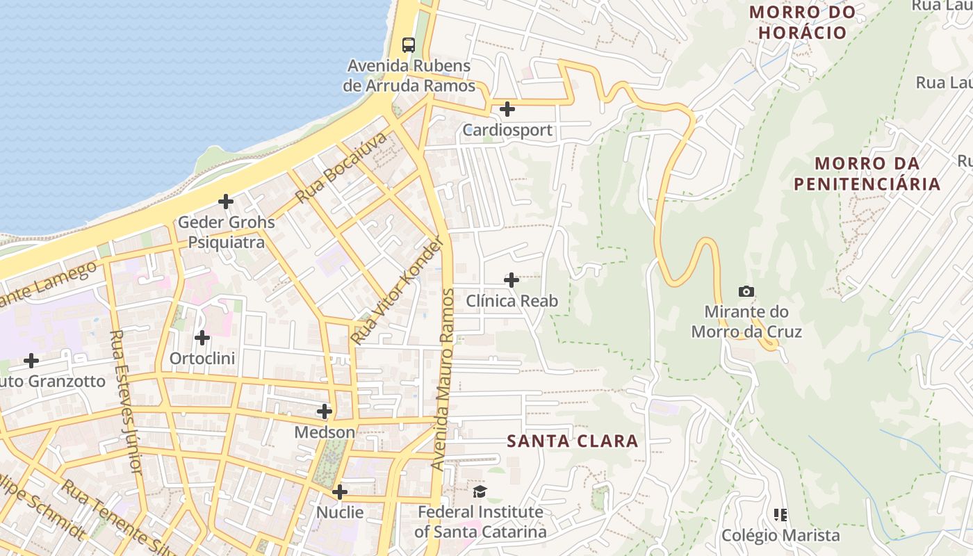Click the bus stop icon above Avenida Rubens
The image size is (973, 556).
pyautogui.click(x=409, y=45)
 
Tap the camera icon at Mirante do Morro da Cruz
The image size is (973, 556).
pyautogui.click(x=746, y=291)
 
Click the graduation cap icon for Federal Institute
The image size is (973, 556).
pyautogui.click(x=480, y=492)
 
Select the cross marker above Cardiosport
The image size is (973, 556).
pyautogui.click(x=507, y=109)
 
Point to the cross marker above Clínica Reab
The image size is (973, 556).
pyautogui.click(x=512, y=280)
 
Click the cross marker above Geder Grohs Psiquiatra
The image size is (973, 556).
pyautogui.click(x=226, y=202)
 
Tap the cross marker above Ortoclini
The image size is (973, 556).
pyautogui.click(x=202, y=338)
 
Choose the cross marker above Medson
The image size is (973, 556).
pyautogui.click(x=325, y=411)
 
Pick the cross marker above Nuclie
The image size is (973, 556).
pyautogui.click(x=340, y=492)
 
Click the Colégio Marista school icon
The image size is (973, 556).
pyautogui.click(x=780, y=515)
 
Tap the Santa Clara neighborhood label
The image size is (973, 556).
pyautogui.click(x=572, y=441)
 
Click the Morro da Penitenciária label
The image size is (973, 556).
pyautogui.click(x=867, y=174)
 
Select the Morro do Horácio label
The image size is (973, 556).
pyautogui.click(x=802, y=22)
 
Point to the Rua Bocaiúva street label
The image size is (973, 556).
pyautogui.click(x=341, y=167)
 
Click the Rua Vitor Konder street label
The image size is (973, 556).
pyautogui.click(x=398, y=291)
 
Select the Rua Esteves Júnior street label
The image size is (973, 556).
pyautogui.click(x=126, y=402)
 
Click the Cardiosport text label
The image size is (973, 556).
pyautogui.click(x=507, y=130)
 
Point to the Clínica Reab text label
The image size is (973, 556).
pyautogui.click(x=512, y=301)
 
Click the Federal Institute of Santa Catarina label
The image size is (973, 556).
pyautogui.click(x=480, y=522)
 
